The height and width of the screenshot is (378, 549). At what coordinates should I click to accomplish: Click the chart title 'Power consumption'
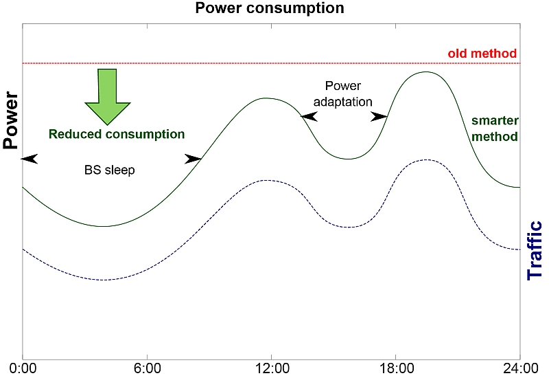(x=270, y=9)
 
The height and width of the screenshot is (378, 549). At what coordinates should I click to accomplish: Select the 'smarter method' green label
(x=494, y=129)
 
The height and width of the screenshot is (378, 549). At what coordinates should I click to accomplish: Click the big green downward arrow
(x=107, y=96)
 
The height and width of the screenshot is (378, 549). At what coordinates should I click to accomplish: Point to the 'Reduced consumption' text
(x=117, y=134)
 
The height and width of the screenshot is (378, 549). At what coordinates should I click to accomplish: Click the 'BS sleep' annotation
(x=110, y=170)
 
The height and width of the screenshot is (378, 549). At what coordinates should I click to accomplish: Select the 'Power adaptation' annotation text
(x=343, y=93)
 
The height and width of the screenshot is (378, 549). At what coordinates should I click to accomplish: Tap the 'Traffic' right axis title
(x=535, y=251)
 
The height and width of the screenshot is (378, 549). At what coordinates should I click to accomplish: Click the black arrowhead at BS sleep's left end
(x=30, y=159)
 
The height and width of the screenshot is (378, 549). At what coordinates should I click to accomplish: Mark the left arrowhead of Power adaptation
(x=309, y=118)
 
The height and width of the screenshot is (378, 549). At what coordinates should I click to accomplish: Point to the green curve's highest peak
(x=425, y=71)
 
